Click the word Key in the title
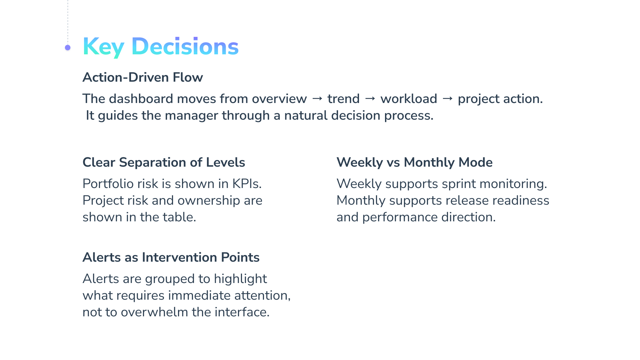pyautogui.click(x=103, y=47)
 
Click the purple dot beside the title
pyautogui.click(x=68, y=48)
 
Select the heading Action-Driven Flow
pyautogui.click(x=143, y=77)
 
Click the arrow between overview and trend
pyautogui.click(x=317, y=98)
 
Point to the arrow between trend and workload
pyautogui.click(x=370, y=98)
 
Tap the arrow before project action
pyautogui.click(x=448, y=98)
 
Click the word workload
pyautogui.click(x=409, y=99)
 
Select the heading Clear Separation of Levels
pyautogui.click(x=164, y=162)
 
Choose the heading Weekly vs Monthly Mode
pyautogui.click(x=414, y=162)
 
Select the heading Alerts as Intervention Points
pyautogui.click(x=171, y=257)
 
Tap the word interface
pyautogui.click(x=242, y=312)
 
